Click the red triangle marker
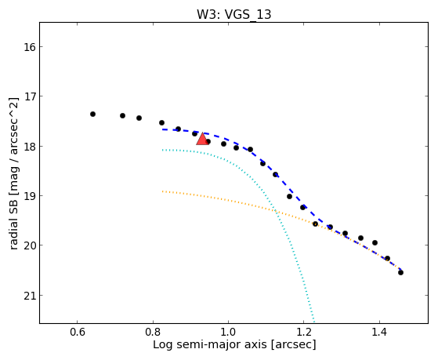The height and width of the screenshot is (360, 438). [x=202, y=139]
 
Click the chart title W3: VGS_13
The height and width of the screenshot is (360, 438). [x=233, y=14]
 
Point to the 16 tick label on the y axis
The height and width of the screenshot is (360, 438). [x=29, y=47]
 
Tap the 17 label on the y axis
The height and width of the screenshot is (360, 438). [x=29, y=96]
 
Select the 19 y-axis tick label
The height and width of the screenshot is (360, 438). [x=29, y=196]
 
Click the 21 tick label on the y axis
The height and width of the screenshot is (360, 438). [x=29, y=296]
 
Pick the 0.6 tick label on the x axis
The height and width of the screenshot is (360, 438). [x=77, y=333]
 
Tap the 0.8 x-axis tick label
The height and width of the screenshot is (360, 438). [x=153, y=333]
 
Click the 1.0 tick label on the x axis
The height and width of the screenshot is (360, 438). [x=228, y=333]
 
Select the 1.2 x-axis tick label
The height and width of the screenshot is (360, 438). [x=304, y=333]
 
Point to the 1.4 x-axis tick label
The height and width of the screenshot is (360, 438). [x=379, y=333]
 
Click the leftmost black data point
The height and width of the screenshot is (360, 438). [x=92, y=115]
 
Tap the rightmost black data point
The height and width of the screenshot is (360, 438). [x=400, y=272]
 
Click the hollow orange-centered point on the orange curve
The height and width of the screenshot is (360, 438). [x=315, y=224]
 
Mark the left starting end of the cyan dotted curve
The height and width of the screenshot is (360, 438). [x=162, y=151]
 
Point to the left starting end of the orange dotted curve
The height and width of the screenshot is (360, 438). [x=162, y=191]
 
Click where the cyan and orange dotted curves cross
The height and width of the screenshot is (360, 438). [x=276, y=211]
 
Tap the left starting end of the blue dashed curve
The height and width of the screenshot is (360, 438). [x=162, y=129]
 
